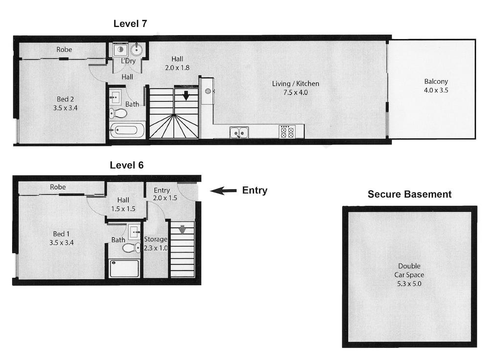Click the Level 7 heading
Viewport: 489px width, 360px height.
tap(130, 23)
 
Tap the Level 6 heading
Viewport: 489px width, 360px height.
tap(126, 165)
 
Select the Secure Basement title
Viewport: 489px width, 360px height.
tap(409, 194)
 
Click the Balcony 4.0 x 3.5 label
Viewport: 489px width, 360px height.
tap(436, 86)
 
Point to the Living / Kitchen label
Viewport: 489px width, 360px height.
tap(295, 88)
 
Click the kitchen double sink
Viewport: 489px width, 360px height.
tap(239, 132)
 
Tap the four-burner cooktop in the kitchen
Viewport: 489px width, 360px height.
tap(286, 132)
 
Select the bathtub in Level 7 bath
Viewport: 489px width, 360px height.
tap(127, 131)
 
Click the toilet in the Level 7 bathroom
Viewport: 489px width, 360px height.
tap(118, 113)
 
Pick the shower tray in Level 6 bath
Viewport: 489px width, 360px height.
tap(124, 268)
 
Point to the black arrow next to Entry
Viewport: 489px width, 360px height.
tap(223, 191)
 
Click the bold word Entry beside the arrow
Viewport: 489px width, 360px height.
tap(255, 191)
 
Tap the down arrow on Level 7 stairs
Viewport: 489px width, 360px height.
tap(186, 95)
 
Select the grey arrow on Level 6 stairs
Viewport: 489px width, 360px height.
tap(182, 229)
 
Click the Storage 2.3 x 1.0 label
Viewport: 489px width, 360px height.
tap(156, 244)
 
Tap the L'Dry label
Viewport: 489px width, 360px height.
tap(128, 61)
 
